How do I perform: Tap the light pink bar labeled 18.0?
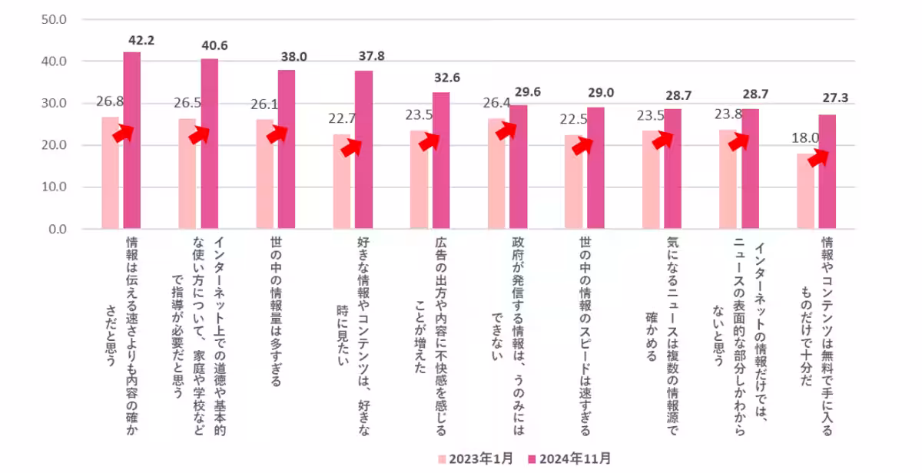(x=805, y=192)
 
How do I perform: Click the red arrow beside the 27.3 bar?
(x=818, y=157)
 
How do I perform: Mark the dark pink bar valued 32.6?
(x=441, y=160)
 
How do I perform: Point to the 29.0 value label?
(x=601, y=94)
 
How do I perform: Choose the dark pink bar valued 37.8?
(x=363, y=150)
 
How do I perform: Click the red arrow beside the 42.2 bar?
(x=123, y=134)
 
